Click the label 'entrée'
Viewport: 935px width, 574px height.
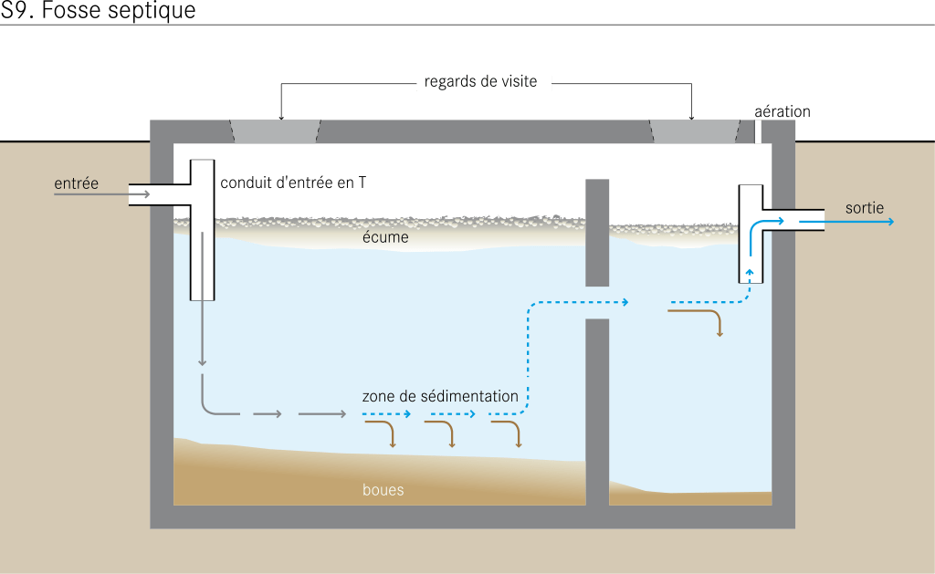[x=76, y=183]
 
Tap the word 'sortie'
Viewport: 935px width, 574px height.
[x=864, y=208]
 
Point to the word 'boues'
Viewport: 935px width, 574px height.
[x=383, y=490]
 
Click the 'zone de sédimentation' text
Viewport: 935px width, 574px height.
[x=440, y=396]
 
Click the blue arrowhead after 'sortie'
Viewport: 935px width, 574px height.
[x=889, y=222]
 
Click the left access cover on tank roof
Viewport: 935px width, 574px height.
[x=275, y=131]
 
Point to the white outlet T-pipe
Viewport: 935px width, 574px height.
[x=751, y=233]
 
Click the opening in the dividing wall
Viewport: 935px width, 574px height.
[x=597, y=302]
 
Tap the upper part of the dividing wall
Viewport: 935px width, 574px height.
[x=597, y=233]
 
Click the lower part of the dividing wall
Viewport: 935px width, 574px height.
[x=597, y=411]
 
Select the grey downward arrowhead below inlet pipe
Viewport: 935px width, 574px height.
[x=202, y=363]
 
